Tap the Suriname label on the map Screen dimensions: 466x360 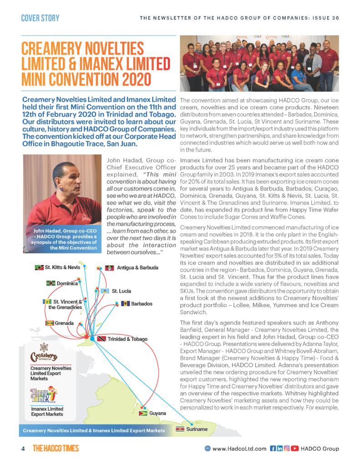point(197,429)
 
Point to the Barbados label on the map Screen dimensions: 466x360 point(142,304)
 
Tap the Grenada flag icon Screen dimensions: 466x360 point(51,323)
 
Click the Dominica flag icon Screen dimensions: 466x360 point(51,284)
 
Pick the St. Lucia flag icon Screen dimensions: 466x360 point(104,291)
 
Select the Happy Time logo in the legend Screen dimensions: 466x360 point(43,395)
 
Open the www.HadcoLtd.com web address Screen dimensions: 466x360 point(239,449)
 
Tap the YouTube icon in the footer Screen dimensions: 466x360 point(295,449)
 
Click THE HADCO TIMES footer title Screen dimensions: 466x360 point(56,449)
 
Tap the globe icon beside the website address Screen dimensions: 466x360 point(208,449)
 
